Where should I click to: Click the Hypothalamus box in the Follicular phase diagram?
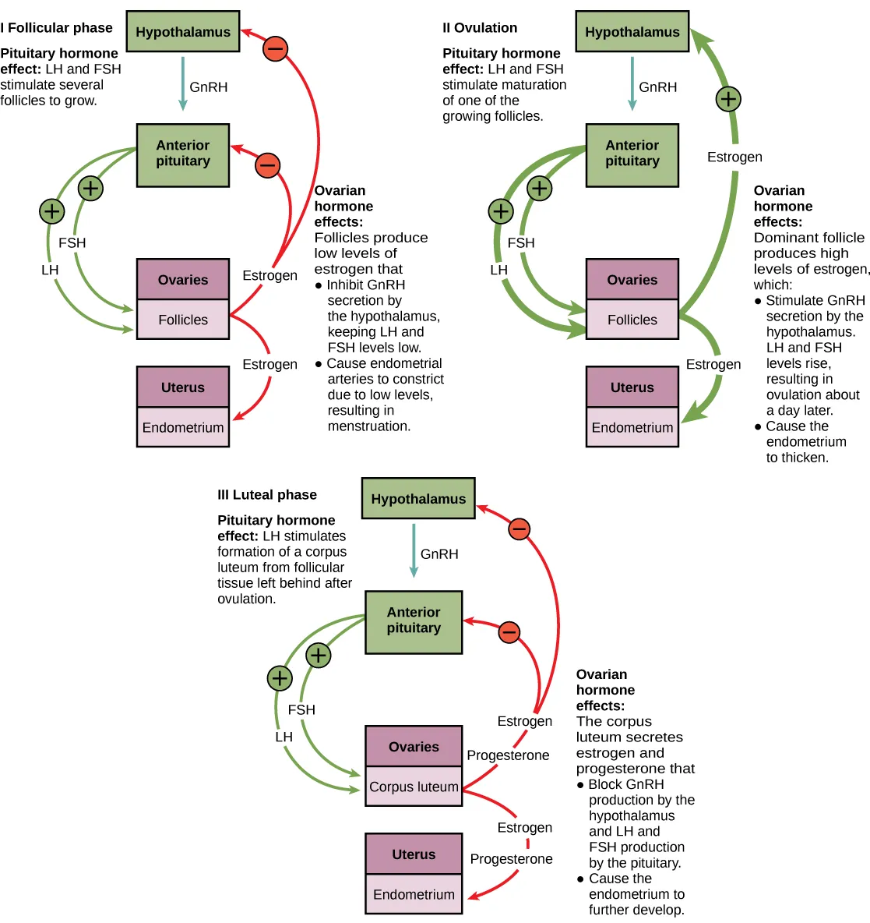(183, 32)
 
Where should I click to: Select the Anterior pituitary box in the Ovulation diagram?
(632, 154)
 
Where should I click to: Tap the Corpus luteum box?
(414, 787)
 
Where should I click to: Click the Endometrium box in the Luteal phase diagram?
(414, 894)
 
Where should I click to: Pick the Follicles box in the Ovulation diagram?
(632, 320)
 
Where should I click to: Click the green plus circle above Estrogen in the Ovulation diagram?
(727, 99)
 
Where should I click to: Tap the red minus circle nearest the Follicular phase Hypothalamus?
(275, 49)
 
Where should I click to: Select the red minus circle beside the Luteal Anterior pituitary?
(509, 631)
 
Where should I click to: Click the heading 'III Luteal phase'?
(267, 495)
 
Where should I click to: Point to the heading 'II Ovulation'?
(480, 28)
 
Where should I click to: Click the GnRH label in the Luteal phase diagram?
(439, 554)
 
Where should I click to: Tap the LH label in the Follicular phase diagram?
(50, 270)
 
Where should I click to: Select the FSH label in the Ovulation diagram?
(521, 243)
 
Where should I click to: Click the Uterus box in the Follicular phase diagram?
(183, 387)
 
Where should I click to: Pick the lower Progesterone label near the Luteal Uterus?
(511, 859)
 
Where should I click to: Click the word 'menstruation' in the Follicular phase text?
(368, 426)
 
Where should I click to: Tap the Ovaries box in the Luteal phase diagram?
(414, 747)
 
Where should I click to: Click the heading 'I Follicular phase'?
(56, 28)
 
